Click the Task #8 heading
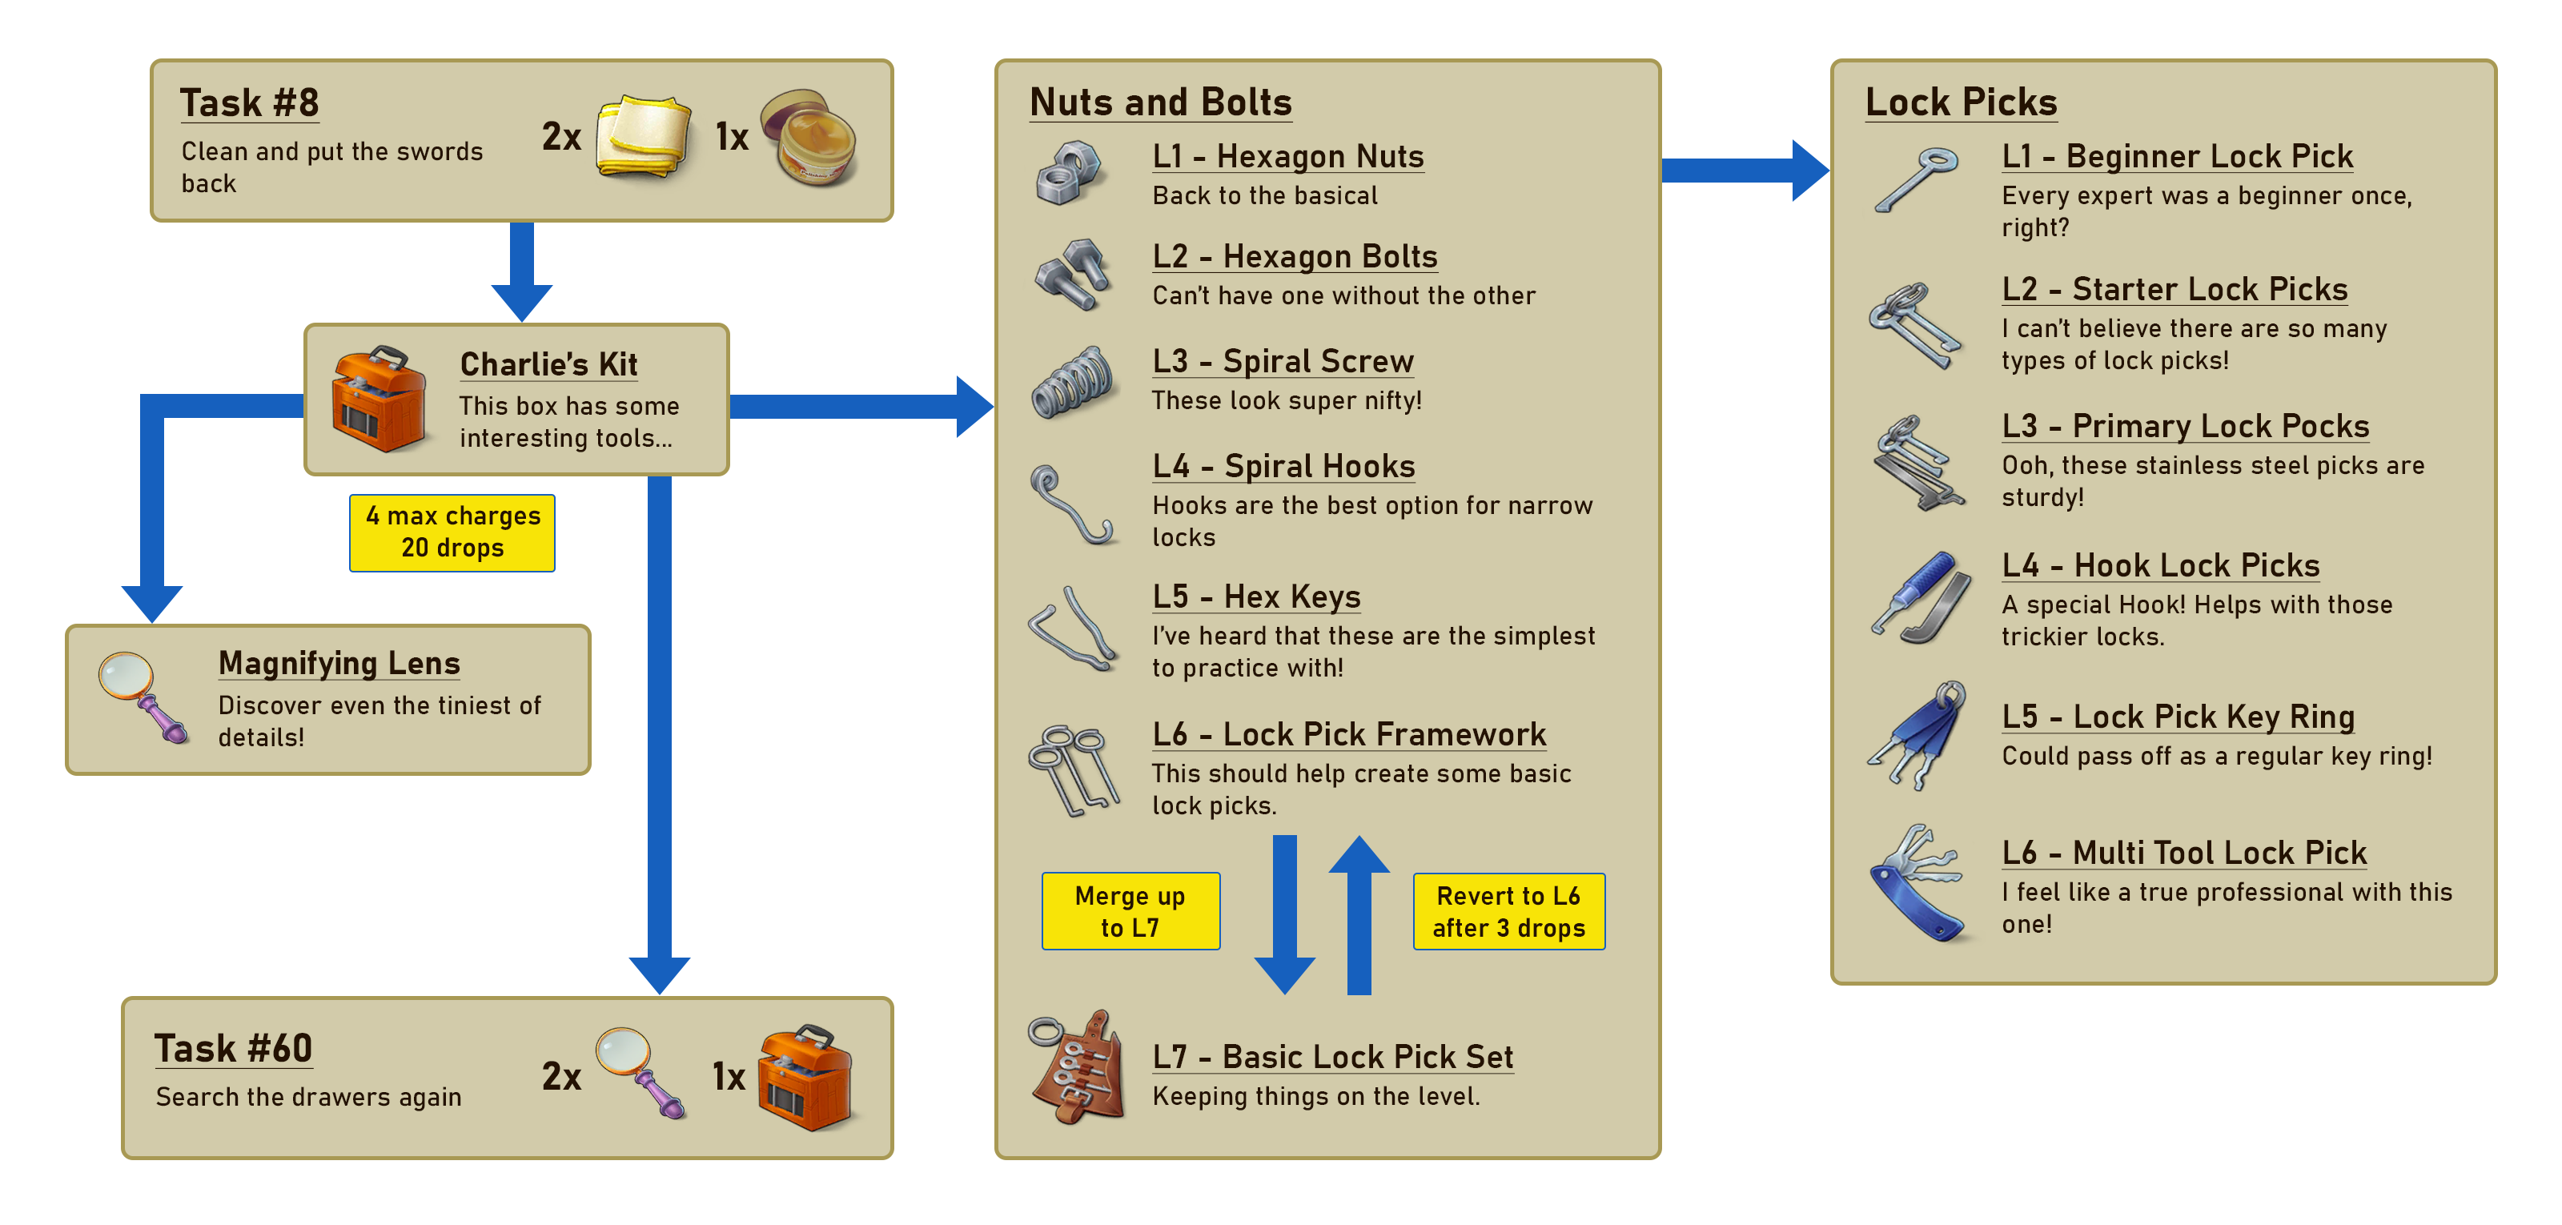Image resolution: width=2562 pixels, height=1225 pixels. tap(249, 102)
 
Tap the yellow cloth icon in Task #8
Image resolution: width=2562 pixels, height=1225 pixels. tap(645, 136)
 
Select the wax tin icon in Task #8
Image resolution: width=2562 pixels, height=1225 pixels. tap(809, 137)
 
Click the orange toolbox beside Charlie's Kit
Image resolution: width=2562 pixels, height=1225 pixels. tap(380, 399)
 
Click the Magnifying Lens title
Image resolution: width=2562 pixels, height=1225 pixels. tap(339, 663)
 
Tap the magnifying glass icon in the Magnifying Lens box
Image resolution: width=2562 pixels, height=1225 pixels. tap(143, 697)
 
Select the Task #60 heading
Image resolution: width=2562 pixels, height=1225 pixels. tap(234, 1048)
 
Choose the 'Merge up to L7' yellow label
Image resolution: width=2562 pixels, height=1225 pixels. tap(1130, 911)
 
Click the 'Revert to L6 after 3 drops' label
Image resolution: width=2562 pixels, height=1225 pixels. tap(1508, 911)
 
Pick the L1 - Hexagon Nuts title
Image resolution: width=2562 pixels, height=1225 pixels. tap(1288, 156)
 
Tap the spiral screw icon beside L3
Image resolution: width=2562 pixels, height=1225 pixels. tap(1072, 382)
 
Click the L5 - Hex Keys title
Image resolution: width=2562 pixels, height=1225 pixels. tap(1256, 596)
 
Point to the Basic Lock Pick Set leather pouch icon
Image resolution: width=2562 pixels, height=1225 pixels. tap(1076, 1067)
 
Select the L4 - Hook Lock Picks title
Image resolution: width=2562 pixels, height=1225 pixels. tap(2160, 566)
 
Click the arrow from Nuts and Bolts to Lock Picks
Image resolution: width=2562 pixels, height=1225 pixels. tap(1745, 170)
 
